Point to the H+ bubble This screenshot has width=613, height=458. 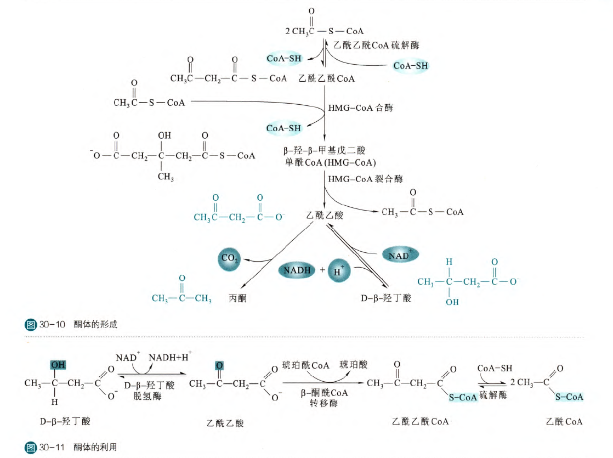pyautogui.click(x=339, y=271)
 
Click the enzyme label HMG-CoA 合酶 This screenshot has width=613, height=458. pyautogui.click(x=360, y=108)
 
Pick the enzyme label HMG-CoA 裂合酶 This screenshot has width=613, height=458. pyautogui.click(x=365, y=179)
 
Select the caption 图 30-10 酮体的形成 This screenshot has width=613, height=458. pyautogui.click(x=72, y=325)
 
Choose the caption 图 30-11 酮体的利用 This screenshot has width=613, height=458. pyautogui.click(x=72, y=448)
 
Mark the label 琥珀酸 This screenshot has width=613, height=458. pyautogui.click(x=354, y=364)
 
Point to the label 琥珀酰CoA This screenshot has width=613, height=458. pyautogui.click(x=306, y=364)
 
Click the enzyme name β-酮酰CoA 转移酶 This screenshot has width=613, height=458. pyautogui.click(x=324, y=398)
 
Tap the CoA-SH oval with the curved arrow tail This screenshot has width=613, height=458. pyautogui.click(x=411, y=65)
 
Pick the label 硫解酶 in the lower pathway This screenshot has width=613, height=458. pyautogui.click(x=494, y=395)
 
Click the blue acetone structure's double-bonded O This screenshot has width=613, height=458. pyautogui.click(x=181, y=279)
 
